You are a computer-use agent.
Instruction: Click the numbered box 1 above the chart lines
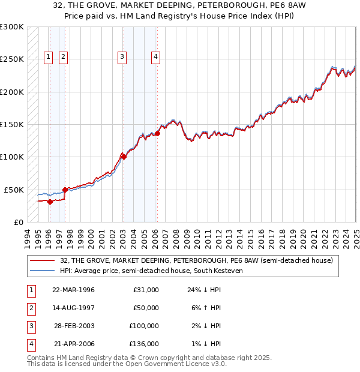coord(49,57)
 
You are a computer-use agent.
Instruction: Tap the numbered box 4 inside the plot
coord(155,57)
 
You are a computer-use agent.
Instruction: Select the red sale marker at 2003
coord(123,157)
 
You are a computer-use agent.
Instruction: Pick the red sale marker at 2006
coord(157,133)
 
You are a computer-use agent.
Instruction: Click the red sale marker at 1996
coord(50,202)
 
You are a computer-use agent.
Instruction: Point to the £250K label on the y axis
coord(12,59)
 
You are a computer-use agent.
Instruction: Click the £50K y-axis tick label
coord(14,190)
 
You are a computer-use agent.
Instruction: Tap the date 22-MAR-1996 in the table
coord(74,290)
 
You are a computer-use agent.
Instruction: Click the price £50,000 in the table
coord(146,308)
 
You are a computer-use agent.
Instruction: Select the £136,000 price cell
coord(145,344)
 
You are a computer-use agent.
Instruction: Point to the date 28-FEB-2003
coord(74,326)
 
